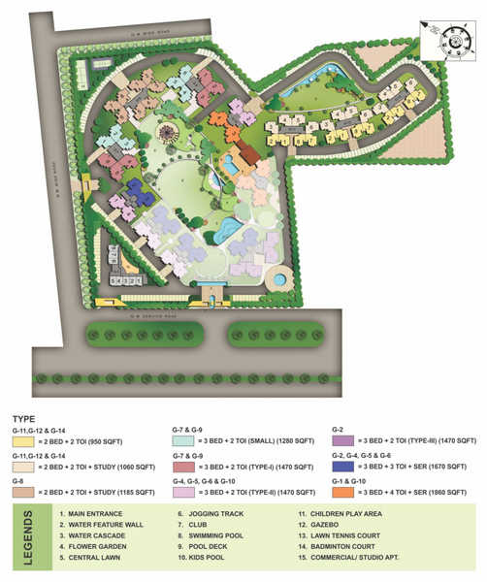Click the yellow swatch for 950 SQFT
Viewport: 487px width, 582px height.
(x=31, y=438)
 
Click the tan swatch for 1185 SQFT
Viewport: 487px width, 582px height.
(x=31, y=492)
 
